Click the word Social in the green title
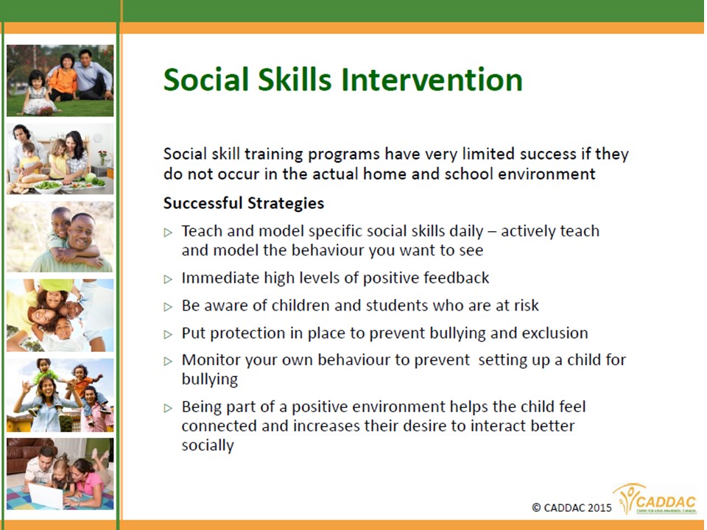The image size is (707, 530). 206,79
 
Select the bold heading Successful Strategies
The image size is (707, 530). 244,203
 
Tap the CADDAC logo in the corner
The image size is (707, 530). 655,499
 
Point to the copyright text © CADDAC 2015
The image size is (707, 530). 571,508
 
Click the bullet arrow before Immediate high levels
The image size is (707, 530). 168,280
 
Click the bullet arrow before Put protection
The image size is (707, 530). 168,334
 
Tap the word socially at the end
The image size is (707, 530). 208,445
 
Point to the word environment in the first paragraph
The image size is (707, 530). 547,174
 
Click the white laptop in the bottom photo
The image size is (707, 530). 45,495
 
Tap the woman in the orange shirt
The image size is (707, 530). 63,77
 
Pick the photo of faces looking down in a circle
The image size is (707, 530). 60,316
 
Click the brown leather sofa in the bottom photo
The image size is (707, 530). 28,454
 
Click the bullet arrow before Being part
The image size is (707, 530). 168,409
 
